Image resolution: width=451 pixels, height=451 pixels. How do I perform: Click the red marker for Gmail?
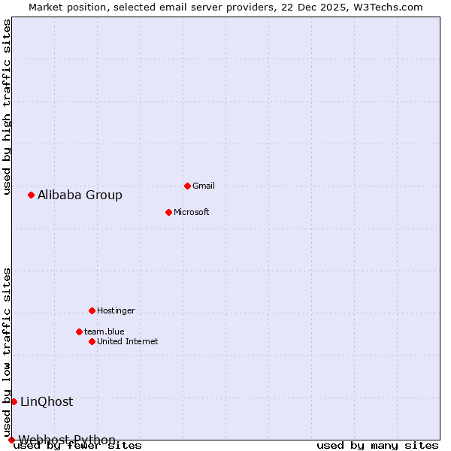point(187,186)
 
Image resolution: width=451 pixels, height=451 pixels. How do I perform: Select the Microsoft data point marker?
point(168,212)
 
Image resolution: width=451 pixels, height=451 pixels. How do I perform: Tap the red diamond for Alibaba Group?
point(31,195)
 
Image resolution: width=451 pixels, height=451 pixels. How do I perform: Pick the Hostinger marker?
point(92,310)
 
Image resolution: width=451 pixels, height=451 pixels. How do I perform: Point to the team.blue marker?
point(79,331)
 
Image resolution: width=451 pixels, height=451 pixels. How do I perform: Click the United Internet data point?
point(92,341)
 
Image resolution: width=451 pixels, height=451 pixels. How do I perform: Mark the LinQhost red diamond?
point(14,401)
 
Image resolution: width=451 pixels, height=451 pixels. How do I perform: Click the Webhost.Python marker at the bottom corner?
point(11,440)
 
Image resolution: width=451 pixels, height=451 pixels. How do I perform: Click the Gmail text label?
point(204,186)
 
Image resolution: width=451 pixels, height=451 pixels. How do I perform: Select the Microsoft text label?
point(192,212)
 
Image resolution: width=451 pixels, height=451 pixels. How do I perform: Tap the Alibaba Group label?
point(80,195)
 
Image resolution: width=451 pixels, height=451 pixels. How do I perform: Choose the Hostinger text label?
point(116,310)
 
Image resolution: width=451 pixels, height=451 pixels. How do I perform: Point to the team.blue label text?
point(104,331)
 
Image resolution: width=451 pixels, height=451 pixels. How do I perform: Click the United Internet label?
point(127,341)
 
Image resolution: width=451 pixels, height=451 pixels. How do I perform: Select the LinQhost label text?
point(47,402)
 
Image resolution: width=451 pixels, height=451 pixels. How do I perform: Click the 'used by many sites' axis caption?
point(377,446)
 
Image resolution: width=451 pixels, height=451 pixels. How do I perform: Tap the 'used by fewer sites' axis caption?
point(78,446)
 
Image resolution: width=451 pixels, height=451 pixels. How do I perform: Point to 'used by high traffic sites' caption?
point(7,107)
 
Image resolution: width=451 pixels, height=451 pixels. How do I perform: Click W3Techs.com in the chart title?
point(388,8)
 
